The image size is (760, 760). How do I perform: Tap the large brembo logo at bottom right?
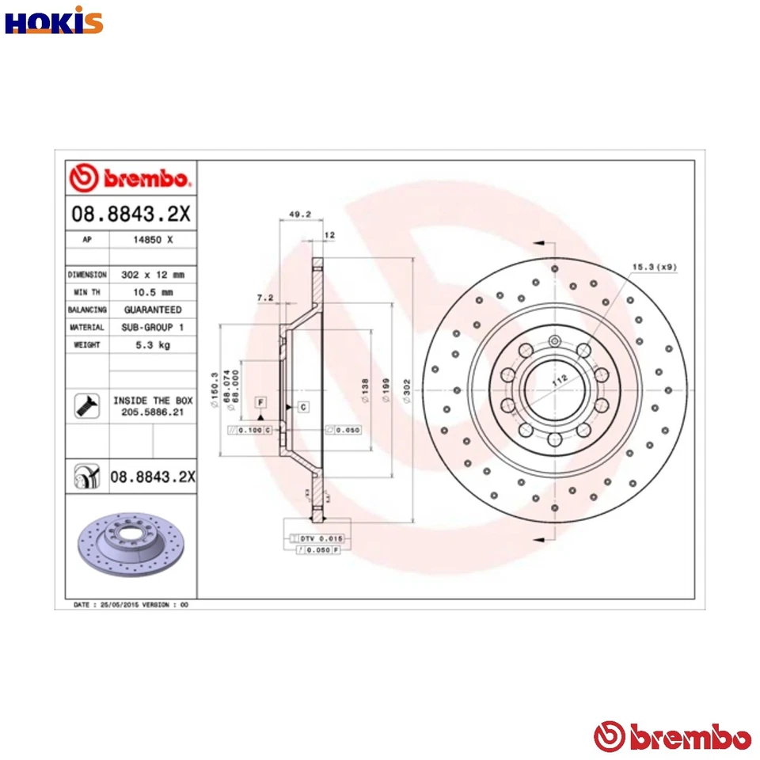pyautogui.click(x=672, y=737)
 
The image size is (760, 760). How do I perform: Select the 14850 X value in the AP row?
pyautogui.click(x=152, y=238)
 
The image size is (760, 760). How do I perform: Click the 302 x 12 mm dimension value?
pyautogui.click(x=152, y=275)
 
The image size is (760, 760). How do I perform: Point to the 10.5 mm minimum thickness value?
pyautogui.click(x=152, y=292)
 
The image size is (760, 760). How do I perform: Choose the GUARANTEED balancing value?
pyautogui.click(x=152, y=310)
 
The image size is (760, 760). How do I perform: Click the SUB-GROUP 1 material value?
pyautogui.click(x=152, y=327)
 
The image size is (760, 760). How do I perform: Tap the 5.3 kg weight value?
pyautogui.click(x=152, y=345)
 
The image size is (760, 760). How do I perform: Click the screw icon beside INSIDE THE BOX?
pyautogui.click(x=84, y=405)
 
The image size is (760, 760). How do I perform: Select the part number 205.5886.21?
pyautogui.click(x=152, y=412)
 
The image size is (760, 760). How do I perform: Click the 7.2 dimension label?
pyautogui.click(x=265, y=298)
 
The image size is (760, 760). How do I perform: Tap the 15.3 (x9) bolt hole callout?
pyautogui.click(x=655, y=267)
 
